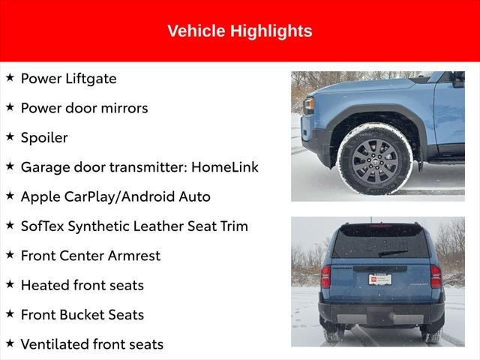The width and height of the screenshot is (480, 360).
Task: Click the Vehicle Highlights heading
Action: [x=239, y=31]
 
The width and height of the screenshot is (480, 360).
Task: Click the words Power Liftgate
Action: [x=68, y=79]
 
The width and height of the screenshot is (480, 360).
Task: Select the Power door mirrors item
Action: [x=84, y=108]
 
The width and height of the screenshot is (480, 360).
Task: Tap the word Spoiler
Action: [x=44, y=137]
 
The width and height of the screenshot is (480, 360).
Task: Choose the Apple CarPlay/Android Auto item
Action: [x=115, y=196]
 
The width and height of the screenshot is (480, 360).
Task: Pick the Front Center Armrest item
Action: [x=90, y=256]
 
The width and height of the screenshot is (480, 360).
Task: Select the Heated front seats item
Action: [x=82, y=285]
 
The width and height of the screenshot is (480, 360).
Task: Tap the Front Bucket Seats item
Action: [x=82, y=315]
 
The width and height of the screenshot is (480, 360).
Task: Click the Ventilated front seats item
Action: [x=91, y=344]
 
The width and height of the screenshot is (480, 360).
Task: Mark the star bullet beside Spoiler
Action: [x=10, y=136]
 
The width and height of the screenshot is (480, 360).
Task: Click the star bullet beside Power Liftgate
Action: [x=10, y=77]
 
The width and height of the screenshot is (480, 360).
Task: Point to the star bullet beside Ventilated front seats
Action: [x=10, y=343]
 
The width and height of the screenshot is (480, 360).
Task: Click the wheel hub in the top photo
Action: [x=374, y=160]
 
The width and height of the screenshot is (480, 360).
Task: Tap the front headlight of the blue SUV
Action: [x=308, y=105]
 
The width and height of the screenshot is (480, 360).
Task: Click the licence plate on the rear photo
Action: [x=379, y=279]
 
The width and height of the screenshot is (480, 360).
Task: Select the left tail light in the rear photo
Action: [x=325, y=276]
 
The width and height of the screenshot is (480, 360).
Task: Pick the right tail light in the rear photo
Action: [x=436, y=276]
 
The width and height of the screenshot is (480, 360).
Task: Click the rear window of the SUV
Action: [x=380, y=241]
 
